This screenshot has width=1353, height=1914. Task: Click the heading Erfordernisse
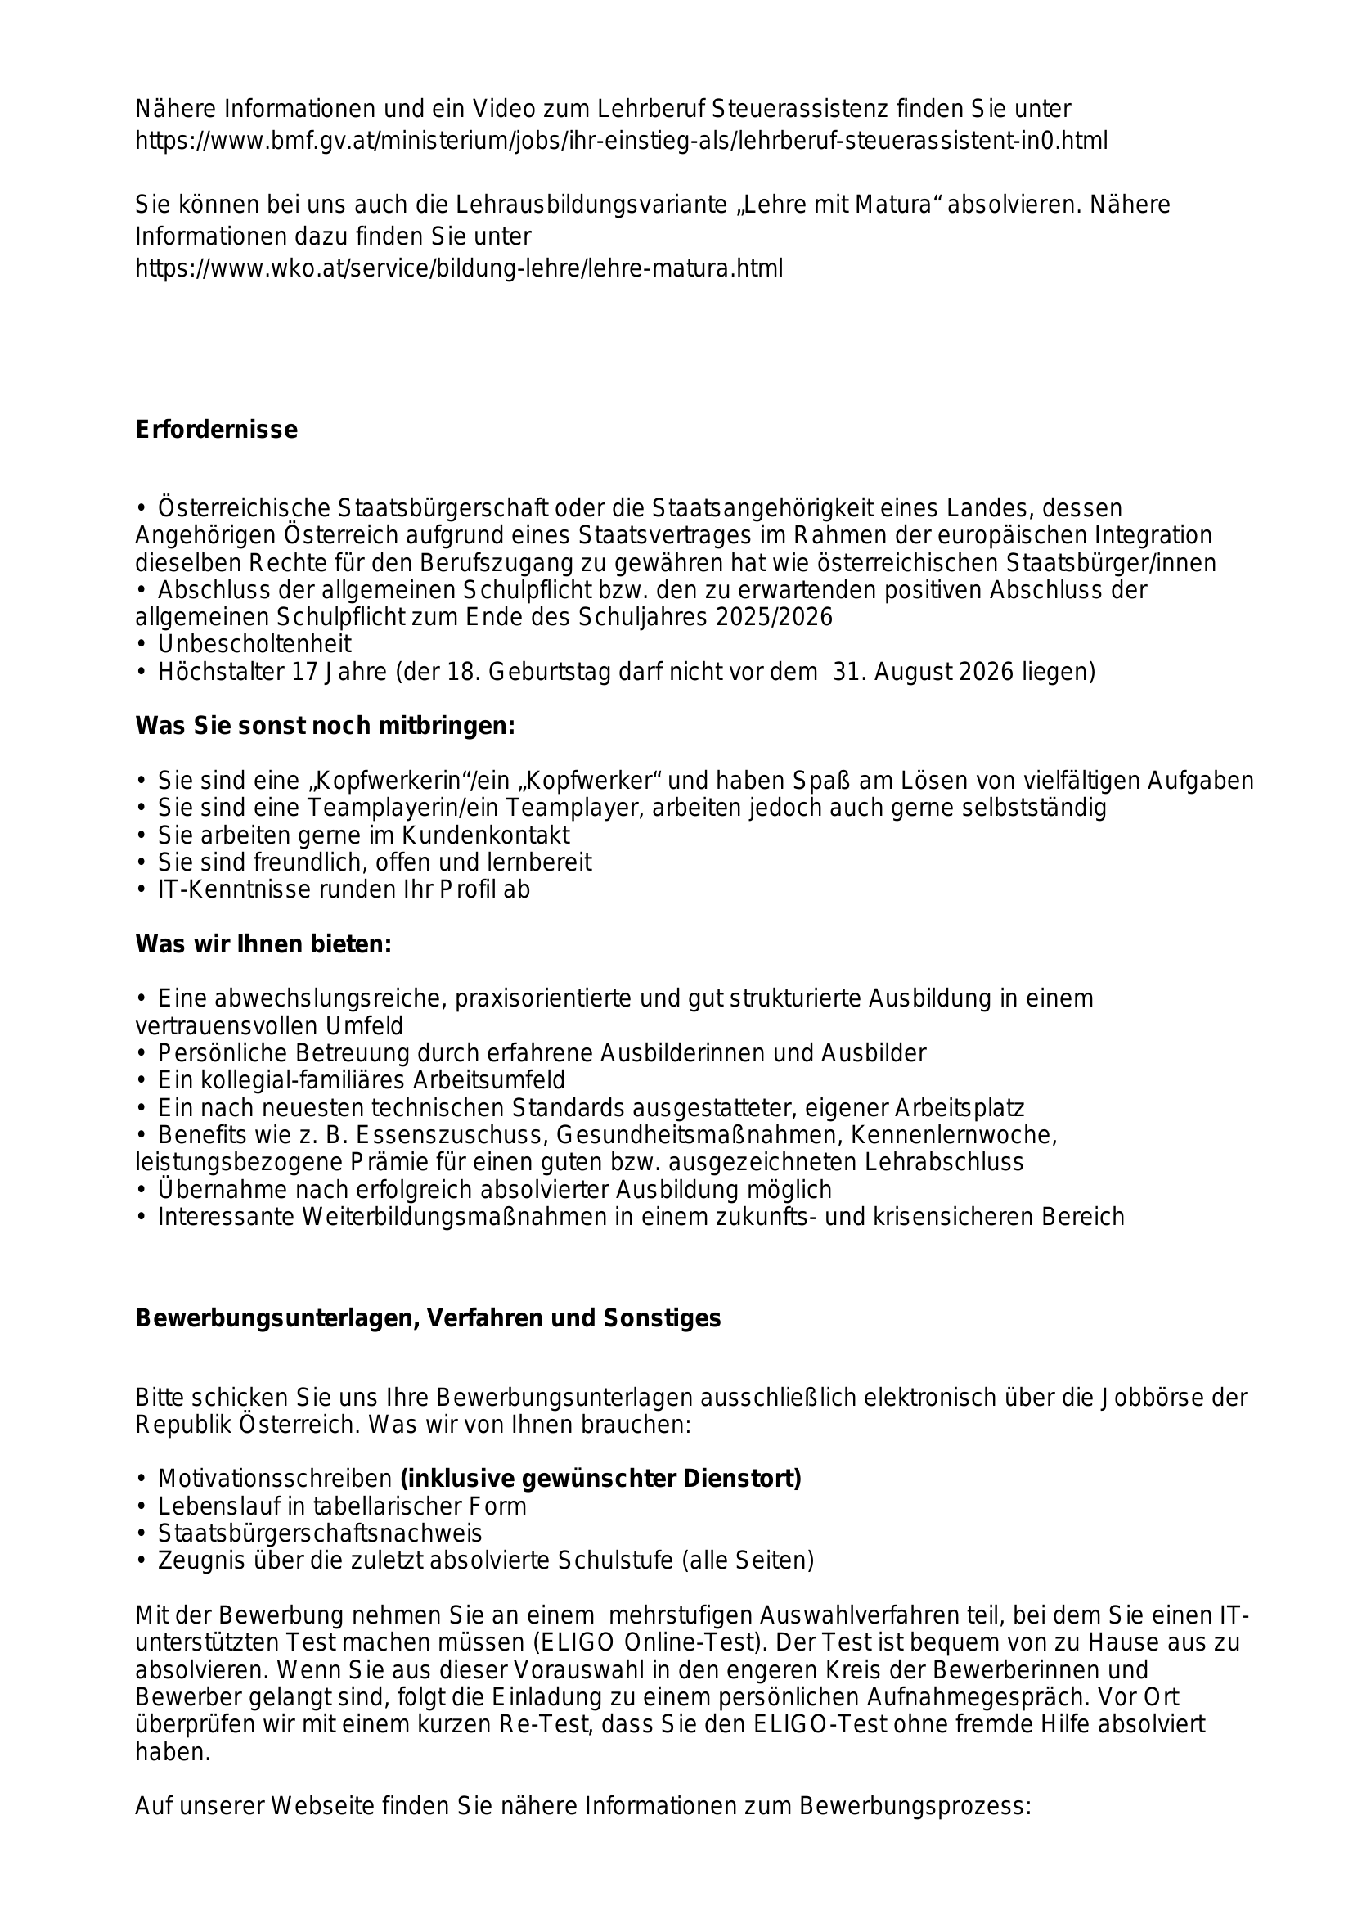[216, 430]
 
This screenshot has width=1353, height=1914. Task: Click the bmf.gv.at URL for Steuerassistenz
[622, 141]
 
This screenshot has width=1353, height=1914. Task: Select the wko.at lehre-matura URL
[459, 268]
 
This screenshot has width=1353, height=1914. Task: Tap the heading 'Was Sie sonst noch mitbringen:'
[325, 726]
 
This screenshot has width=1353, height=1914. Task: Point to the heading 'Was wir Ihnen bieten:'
[263, 944]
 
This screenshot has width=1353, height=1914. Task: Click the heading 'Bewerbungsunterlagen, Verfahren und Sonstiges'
[428, 1318]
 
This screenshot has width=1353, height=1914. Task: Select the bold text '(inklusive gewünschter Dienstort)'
[600, 1478]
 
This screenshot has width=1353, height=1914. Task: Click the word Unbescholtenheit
[254, 643]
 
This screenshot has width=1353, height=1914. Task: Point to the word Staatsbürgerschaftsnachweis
[320, 1533]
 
